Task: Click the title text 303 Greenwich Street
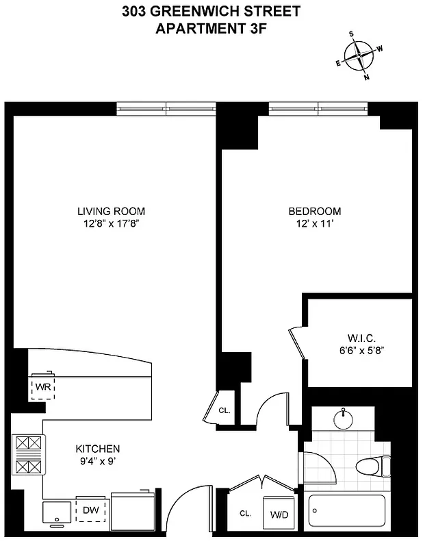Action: click(x=211, y=12)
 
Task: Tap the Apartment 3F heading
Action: click(x=211, y=28)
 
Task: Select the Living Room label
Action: click(x=111, y=211)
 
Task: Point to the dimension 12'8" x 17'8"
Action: click(x=111, y=223)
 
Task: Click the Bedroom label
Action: click(x=314, y=211)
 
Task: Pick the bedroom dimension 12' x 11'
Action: click(x=314, y=223)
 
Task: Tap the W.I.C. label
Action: click(x=358, y=338)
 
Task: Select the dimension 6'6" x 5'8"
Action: click(x=358, y=349)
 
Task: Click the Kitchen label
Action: click(x=98, y=449)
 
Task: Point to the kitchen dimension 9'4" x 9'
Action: click(x=98, y=460)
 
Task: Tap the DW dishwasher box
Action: click(x=90, y=510)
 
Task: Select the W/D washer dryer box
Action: click(x=279, y=514)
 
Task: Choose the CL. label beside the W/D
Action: click(x=245, y=513)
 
